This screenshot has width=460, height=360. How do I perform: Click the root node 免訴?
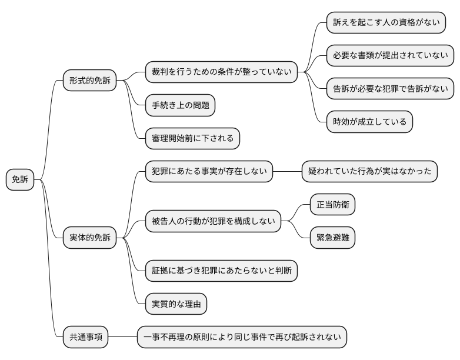point(20,180)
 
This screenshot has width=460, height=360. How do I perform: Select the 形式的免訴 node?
point(89,80)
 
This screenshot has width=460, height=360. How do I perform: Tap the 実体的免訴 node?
point(89,238)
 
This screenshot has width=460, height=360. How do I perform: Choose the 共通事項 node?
point(86,338)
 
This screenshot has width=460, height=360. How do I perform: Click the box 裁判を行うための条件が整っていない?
point(221,72)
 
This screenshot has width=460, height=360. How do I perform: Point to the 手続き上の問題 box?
point(180,105)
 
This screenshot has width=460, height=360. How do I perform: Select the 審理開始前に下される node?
point(192,139)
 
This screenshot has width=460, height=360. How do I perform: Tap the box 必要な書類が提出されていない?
point(390,56)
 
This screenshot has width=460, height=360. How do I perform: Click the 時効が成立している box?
point(369,122)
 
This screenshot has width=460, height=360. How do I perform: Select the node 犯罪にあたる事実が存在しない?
point(209,172)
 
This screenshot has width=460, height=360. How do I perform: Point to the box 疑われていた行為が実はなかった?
point(370,172)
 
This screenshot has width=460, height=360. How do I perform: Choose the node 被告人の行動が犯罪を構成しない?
point(213,222)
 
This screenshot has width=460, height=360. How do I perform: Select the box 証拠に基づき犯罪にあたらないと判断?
point(221,271)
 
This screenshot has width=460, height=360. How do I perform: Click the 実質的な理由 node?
point(176,305)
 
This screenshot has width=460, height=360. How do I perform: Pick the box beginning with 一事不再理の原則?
point(242,338)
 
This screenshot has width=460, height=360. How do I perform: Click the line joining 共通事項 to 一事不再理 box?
point(123,338)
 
